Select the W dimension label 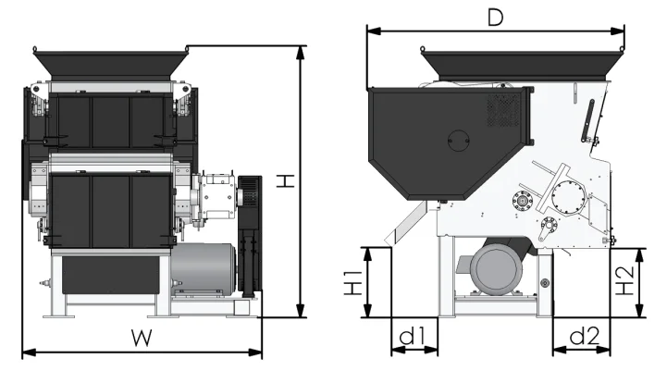pos(141,339)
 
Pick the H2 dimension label pos(628,283)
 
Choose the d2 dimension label pos(583,336)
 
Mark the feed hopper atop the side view pos(521,65)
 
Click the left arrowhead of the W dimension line pos(24,352)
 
